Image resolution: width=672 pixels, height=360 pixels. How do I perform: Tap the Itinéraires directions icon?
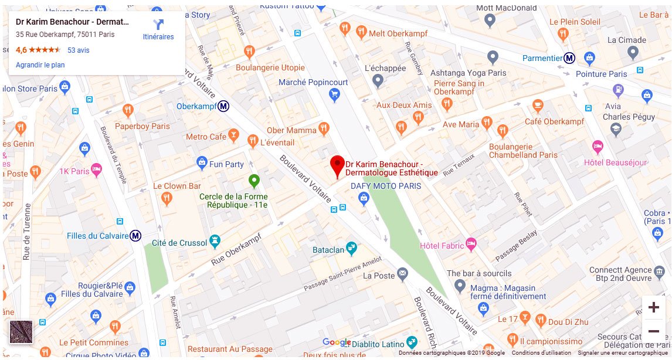[158, 25]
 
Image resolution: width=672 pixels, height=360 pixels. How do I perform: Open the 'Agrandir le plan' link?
[40, 65]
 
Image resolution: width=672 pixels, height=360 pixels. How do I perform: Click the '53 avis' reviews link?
[79, 50]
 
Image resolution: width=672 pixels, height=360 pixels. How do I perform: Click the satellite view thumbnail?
[21, 332]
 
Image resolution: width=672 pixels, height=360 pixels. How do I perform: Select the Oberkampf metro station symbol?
[223, 107]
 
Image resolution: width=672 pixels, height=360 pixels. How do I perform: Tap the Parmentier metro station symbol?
[569, 58]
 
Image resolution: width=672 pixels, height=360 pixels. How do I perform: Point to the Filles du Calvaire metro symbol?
[135, 236]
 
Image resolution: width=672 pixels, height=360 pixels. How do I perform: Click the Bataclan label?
[328, 250]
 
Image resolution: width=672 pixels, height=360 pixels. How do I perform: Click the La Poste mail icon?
[402, 273]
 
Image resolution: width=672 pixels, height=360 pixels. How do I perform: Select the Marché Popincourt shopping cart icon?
[334, 94]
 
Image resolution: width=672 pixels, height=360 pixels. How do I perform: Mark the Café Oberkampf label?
[554, 121]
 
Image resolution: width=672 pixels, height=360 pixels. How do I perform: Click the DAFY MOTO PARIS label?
[386, 186]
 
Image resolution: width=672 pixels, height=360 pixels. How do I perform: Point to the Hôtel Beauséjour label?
[615, 162]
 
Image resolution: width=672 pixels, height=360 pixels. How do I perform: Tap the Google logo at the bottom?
[337, 342]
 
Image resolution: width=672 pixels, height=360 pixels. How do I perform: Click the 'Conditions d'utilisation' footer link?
[541, 353]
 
